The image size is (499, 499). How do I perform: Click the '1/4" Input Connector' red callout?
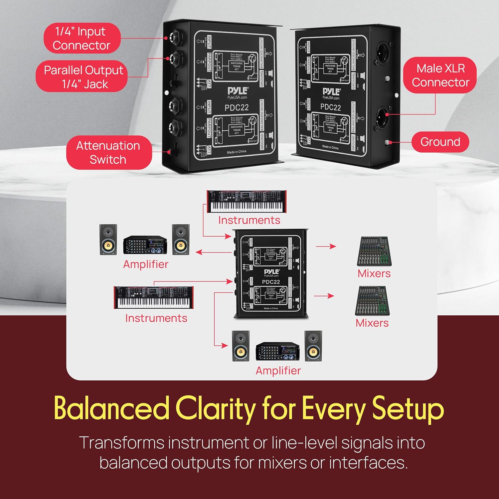[82, 38]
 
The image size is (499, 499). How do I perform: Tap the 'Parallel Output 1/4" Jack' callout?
[83, 77]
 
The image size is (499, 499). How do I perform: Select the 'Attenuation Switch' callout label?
[108, 152]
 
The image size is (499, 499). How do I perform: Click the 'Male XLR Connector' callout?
[440, 76]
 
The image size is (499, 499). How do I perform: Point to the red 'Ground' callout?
[440, 142]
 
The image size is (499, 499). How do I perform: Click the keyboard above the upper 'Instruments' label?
[247, 202]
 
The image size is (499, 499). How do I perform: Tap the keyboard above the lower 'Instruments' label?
[154, 297]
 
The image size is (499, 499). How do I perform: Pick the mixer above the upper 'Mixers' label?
[374, 251]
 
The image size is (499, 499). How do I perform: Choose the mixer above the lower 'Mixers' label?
[372, 301]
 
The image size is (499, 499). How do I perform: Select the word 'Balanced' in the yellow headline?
[112, 409]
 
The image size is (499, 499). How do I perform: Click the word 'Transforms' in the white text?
[122, 443]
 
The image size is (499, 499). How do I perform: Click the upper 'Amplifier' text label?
[146, 264]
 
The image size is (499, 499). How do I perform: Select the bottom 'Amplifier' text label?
[278, 371]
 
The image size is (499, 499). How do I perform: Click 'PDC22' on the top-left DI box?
[237, 108]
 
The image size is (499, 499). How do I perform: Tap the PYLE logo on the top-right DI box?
[331, 91]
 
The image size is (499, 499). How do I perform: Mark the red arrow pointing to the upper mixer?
[326, 246]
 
